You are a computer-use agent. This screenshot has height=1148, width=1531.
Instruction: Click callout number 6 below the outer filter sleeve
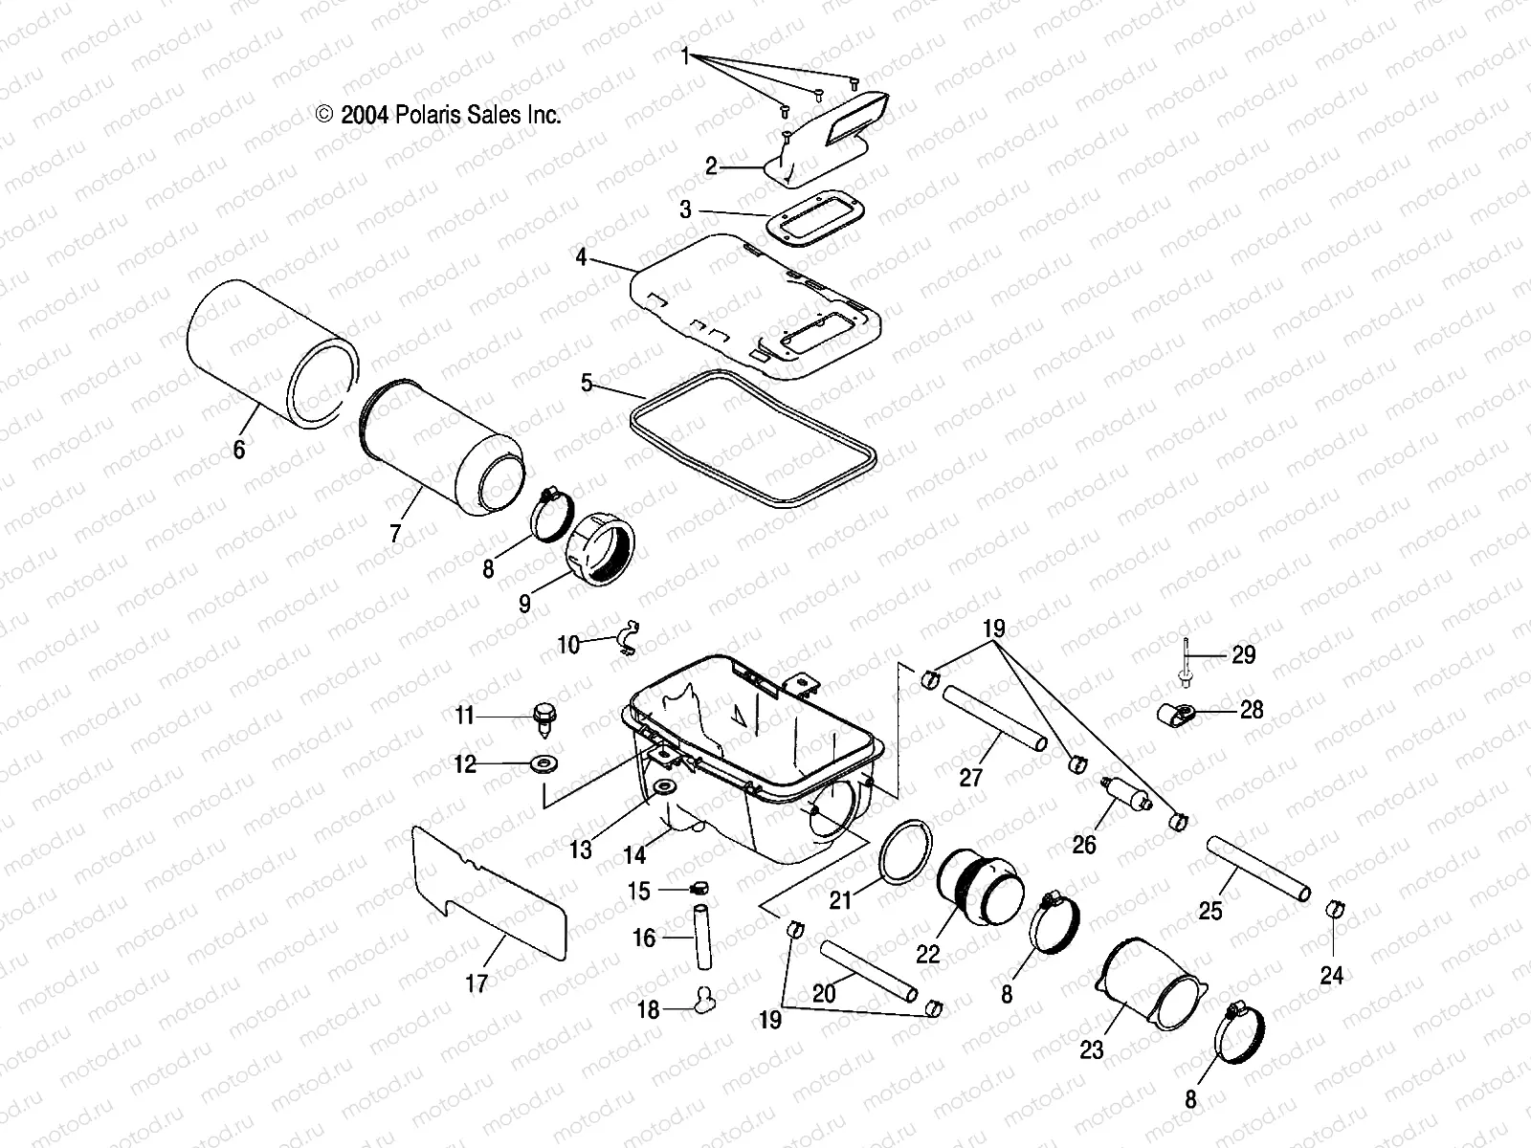pos(239,448)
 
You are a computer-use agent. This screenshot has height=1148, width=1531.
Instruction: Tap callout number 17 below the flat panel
pos(476,982)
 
